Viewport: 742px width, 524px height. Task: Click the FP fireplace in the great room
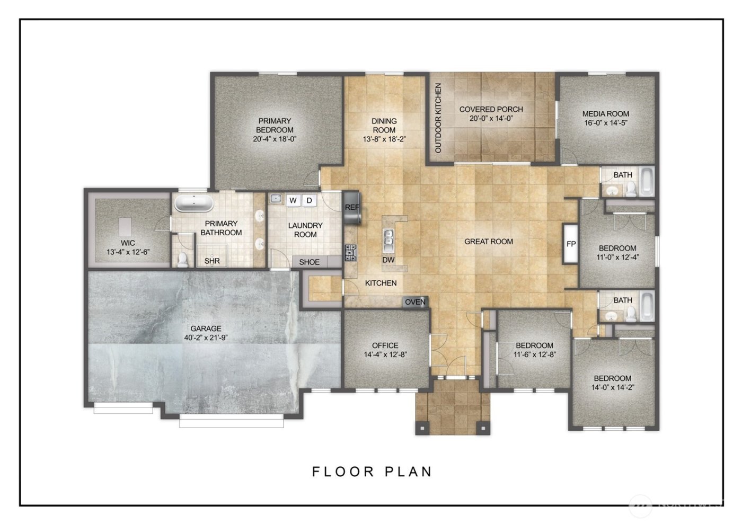click(x=571, y=244)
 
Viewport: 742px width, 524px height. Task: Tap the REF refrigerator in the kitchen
click(x=352, y=207)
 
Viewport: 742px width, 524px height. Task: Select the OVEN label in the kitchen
click(x=415, y=302)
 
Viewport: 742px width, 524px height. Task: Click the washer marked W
click(x=293, y=200)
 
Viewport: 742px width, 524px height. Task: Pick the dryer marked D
click(x=310, y=200)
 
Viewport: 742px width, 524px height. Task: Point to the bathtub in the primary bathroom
click(x=193, y=203)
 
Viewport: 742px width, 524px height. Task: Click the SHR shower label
click(x=212, y=261)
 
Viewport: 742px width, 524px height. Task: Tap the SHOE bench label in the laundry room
click(x=310, y=262)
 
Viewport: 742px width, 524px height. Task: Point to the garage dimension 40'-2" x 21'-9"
click(x=206, y=338)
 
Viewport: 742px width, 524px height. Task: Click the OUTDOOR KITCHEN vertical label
click(x=438, y=118)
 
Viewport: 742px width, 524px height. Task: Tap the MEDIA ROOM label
click(x=605, y=113)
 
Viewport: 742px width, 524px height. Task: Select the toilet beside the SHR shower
click(x=183, y=259)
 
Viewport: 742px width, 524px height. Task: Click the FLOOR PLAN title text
click(x=372, y=471)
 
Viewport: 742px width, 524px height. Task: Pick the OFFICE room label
click(x=385, y=345)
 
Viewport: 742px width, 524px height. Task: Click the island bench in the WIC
click(x=126, y=227)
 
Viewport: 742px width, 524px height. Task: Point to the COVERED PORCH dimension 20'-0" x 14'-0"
click(x=491, y=119)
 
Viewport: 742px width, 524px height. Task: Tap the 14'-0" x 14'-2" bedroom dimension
click(x=612, y=387)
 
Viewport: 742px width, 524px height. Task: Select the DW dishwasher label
click(x=388, y=260)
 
